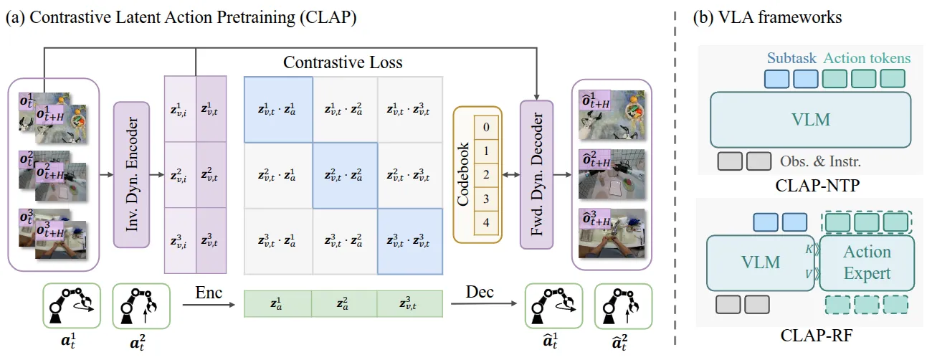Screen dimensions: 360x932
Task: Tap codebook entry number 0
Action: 486,128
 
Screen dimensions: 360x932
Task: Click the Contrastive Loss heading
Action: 343,62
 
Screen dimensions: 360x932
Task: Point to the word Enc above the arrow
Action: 208,293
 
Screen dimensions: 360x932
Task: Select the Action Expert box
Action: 867,262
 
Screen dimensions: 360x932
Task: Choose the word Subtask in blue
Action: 791,59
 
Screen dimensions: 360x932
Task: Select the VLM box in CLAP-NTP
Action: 810,119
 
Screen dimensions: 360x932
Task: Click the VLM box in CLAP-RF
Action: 761,262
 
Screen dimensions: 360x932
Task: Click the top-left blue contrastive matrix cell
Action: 278,109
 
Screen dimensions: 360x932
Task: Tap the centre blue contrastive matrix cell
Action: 344,174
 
